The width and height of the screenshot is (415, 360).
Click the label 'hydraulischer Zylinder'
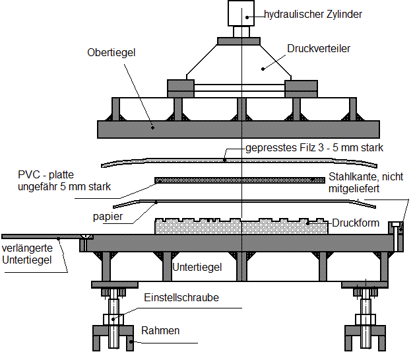pyautogui.click(x=312, y=14)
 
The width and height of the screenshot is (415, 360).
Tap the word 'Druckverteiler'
pyautogui.click(x=319, y=49)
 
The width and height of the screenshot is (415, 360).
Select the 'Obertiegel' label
pyautogui.click(x=112, y=52)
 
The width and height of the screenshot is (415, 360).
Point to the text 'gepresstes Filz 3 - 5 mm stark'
pyautogui.click(x=314, y=147)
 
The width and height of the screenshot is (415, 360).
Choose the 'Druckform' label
pyautogui.click(x=356, y=223)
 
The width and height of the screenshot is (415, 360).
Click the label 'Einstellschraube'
pyautogui.click(x=181, y=298)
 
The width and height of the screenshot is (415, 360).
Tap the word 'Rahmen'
pyautogui.click(x=160, y=330)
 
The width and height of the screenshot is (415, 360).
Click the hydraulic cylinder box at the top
pyautogui.click(x=241, y=13)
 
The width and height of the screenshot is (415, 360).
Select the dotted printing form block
pyautogui.click(x=241, y=226)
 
